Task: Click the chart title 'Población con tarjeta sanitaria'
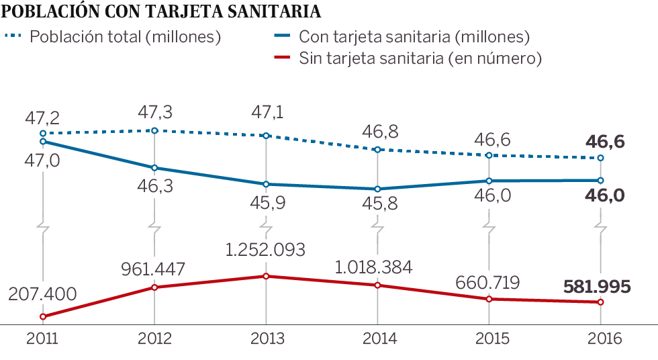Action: point(161,11)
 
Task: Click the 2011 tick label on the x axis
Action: point(42,339)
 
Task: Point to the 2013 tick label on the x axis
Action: point(266,339)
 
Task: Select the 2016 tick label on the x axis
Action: point(600,339)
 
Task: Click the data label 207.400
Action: point(42,294)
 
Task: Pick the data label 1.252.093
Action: point(266,250)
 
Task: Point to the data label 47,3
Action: point(154,110)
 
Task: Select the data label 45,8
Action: point(377,205)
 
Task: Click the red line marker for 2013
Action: point(266,276)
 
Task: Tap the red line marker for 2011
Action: point(42,316)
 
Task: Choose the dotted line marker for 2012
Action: point(154,130)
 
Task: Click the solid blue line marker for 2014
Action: point(377,189)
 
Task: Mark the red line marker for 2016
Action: point(600,302)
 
